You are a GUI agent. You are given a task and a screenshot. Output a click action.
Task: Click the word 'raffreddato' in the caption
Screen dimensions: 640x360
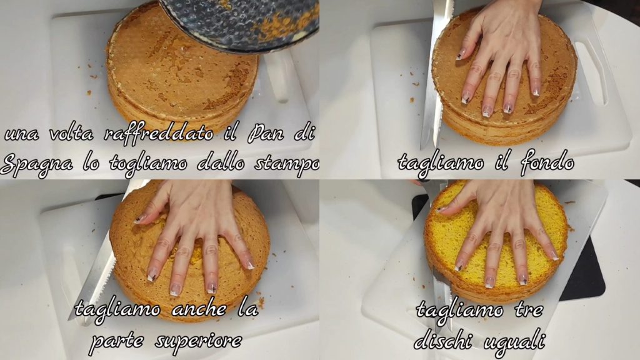(159, 134)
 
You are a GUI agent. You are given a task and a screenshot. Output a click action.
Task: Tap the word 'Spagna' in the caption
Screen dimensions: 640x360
(36, 164)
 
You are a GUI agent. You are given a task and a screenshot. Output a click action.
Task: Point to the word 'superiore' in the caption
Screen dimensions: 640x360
(198, 341)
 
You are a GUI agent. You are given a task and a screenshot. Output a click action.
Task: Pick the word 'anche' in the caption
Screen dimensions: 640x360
(199, 309)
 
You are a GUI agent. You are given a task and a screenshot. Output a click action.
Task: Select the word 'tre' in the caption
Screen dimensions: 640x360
(529, 310)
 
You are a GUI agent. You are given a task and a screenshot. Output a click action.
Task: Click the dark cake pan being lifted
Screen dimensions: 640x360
(239, 25)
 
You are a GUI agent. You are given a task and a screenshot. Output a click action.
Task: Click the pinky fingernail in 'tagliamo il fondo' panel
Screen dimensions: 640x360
(536, 91)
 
